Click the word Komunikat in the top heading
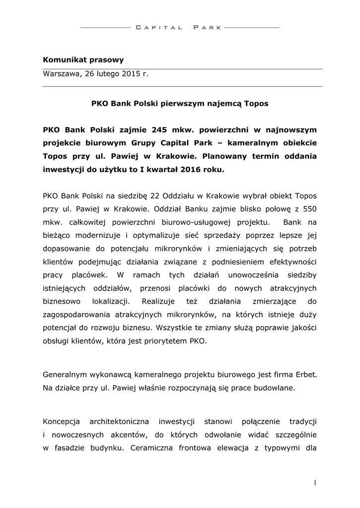point(62,60)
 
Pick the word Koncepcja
point(62,422)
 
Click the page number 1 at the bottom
point(315,482)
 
